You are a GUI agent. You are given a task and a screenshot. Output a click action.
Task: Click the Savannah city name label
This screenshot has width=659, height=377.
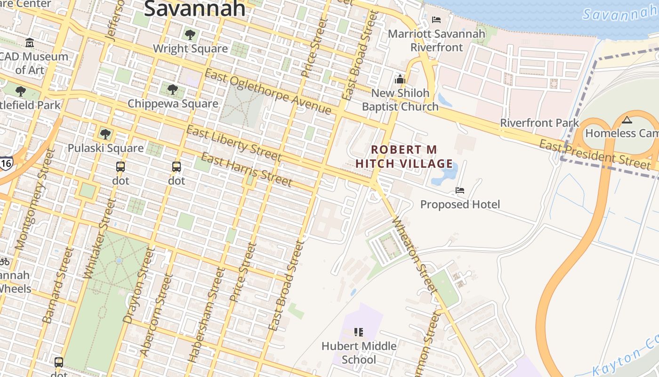(x=194, y=8)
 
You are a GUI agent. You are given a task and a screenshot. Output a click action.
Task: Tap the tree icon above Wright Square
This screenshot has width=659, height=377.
(x=190, y=34)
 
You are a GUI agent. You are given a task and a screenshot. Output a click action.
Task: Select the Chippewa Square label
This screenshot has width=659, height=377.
(x=173, y=104)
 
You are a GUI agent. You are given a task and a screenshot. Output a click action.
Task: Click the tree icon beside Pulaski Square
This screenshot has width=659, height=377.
(x=105, y=134)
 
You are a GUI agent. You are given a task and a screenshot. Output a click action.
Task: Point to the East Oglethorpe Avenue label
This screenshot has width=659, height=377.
(x=268, y=92)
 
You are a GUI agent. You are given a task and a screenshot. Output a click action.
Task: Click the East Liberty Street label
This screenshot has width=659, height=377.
(x=234, y=143)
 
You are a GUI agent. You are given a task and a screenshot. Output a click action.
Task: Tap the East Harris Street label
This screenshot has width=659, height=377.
(x=247, y=169)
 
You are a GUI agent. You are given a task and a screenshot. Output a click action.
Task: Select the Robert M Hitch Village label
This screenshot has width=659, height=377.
(x=404, y=156)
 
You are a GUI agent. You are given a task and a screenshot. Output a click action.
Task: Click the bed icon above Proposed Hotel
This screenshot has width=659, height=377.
(x=460, y=190)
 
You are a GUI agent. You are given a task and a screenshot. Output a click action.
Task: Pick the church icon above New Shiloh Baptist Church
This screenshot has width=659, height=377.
(x=400, y=79)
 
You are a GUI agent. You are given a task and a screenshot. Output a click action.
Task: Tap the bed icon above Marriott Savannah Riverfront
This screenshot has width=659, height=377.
(x=436, y=20)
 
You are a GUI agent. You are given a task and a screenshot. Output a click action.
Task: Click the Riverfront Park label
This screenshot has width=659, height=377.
(x=539, y=123)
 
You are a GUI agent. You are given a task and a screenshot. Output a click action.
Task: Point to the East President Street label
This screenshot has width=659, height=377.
(x=595, y=154)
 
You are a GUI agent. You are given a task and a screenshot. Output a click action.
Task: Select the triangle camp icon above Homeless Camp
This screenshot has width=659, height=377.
(x=627, y=120)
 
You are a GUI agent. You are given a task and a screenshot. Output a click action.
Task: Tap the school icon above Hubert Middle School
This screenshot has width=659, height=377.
(x=359, y=332)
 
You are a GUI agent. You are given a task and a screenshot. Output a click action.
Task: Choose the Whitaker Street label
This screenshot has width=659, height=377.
(x=99, y=238)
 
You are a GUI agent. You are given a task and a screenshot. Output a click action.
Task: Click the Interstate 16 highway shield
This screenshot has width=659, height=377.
(x=6, y=162)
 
